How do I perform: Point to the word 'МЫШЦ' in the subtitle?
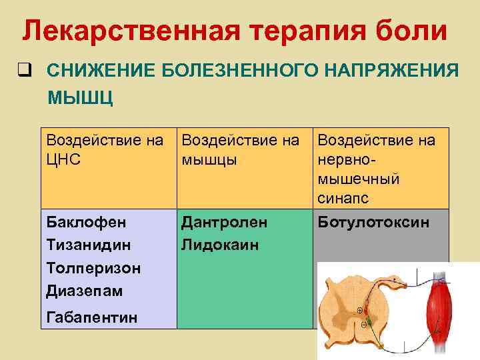click(80, 98)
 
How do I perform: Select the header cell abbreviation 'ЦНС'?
click(65, 161)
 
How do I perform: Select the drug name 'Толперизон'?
click(93, 268)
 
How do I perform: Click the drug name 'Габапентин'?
click(92, 317)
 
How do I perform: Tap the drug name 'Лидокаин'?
click(220, 245)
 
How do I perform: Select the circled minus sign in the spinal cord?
click(363, 325)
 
